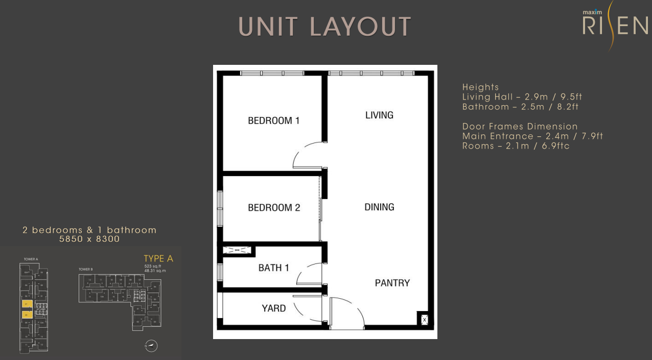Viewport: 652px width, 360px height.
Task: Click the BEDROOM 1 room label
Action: click(273, 121)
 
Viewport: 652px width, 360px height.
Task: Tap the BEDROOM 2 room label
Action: click(274, 208)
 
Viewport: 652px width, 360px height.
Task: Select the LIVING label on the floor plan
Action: click(379, 115)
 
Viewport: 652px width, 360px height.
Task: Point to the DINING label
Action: click(379, 207)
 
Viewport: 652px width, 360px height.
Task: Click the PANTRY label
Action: click(392, 283)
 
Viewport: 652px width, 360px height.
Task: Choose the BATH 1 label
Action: click(274, 268)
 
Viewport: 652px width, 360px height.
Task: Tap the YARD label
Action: click(274, 308)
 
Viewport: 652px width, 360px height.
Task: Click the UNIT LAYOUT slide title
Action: click(325, 27)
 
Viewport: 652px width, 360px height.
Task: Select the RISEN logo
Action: click(615, 25)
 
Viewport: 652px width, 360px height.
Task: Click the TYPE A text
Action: click(158, 259)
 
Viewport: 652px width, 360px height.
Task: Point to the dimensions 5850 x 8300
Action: click(89, 239)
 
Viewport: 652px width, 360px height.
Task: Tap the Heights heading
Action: click(480, 87)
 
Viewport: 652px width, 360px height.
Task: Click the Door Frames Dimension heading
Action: click(520, 127)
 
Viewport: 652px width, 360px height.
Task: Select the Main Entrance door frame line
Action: click(533, 136)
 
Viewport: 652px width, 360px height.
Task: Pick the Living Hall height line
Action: click(522, 97)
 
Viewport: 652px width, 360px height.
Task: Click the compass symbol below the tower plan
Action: click(151, 346)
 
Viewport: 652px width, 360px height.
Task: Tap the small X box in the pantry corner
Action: click(424, 320)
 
